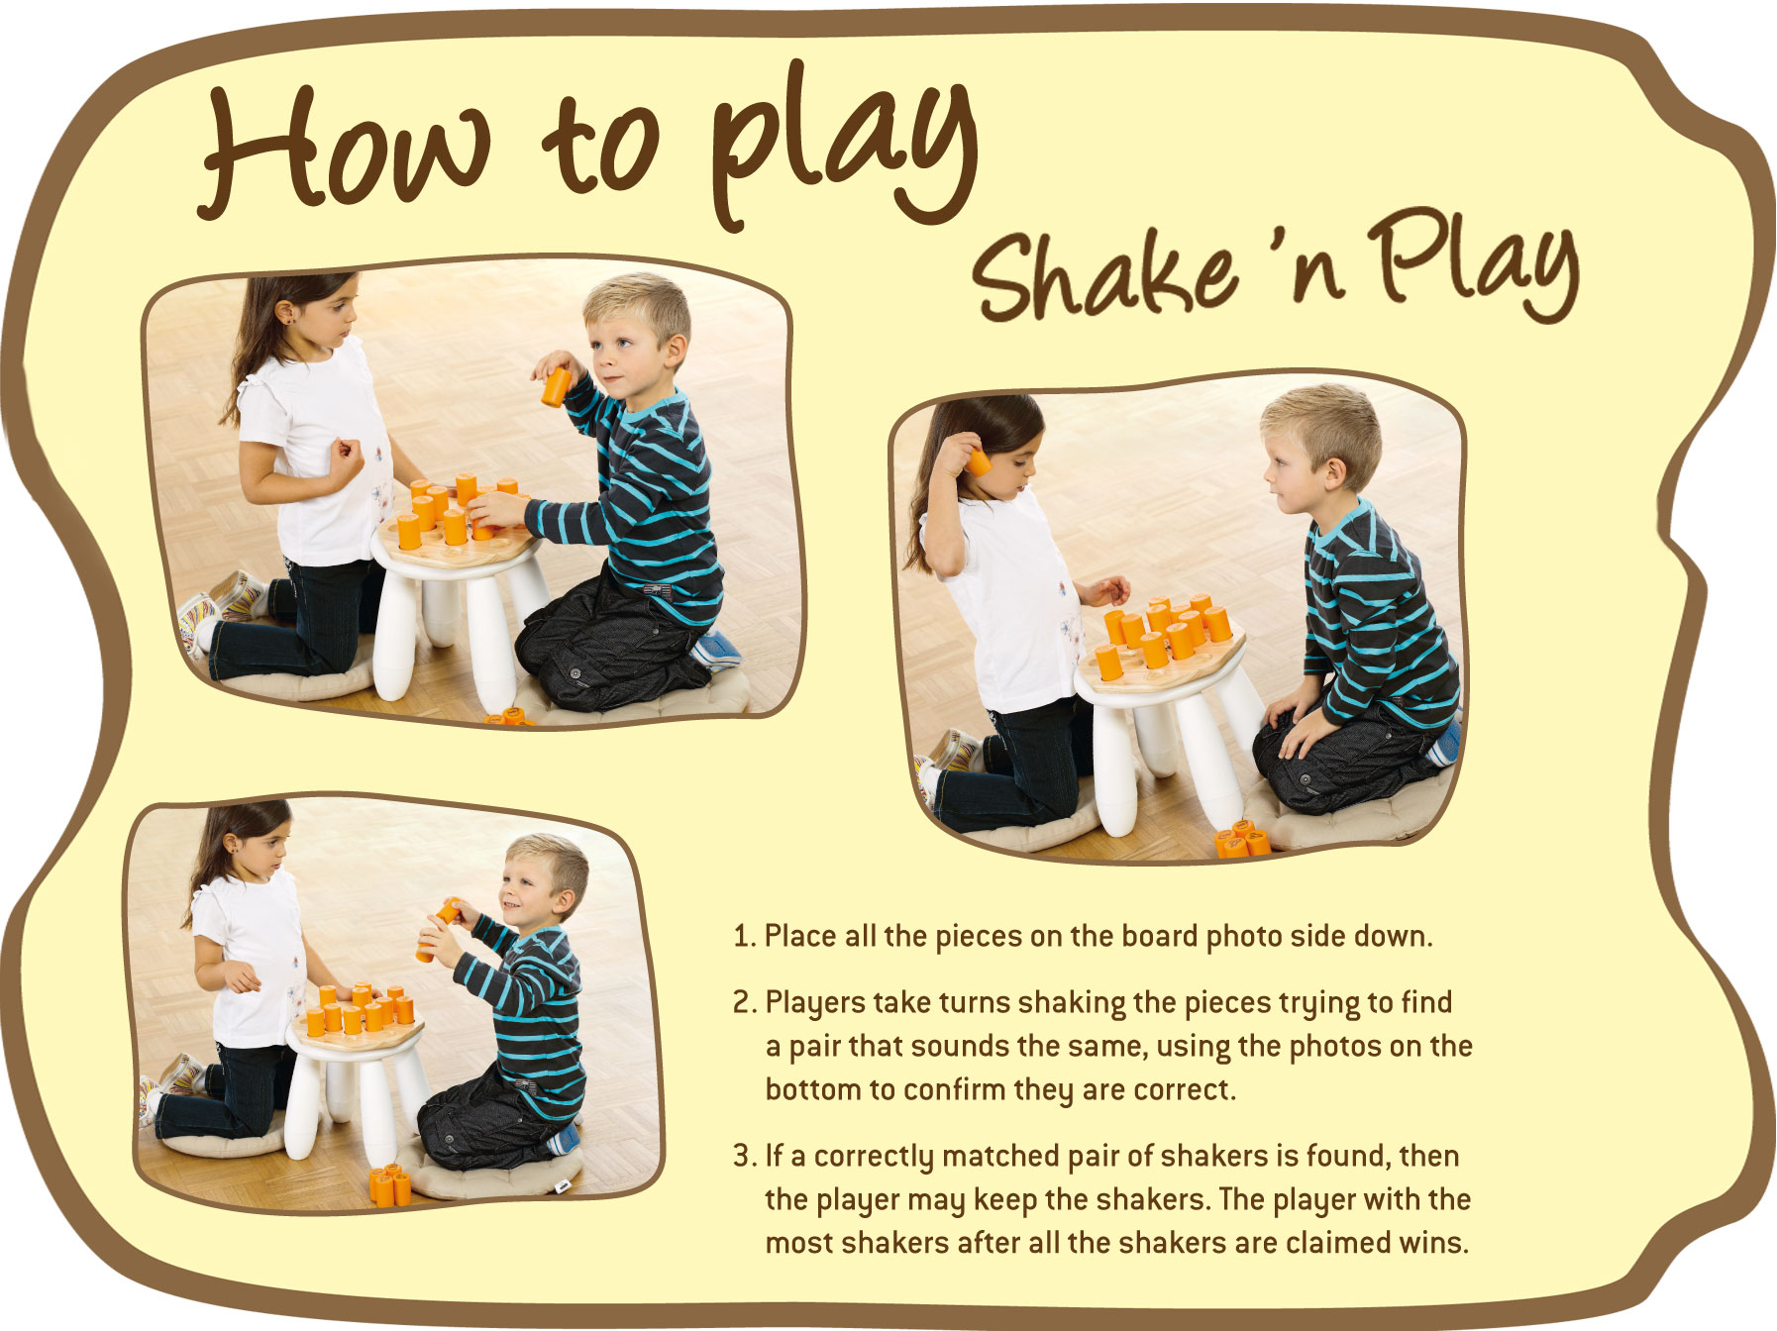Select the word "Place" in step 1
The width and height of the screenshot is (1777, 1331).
click(x=800, y=936)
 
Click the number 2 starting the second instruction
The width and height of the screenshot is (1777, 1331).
click(x=743, y=1002)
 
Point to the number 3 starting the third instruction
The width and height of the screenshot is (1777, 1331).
click(x=743, y=1156)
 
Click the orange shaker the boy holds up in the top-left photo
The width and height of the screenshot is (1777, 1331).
click(x=556, y=385)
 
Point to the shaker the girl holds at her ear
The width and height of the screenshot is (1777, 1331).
click(x=979, y=462)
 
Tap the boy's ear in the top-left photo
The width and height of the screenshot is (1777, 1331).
click(x=677, y=350)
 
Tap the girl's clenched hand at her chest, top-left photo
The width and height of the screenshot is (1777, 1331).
click(x=346, y=458)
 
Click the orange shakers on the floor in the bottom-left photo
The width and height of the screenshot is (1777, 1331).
click(x=390, y=1184)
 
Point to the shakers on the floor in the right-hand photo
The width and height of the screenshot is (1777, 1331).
click(x=1240, y=840)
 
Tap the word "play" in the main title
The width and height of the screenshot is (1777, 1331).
click(x=842, y=149)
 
